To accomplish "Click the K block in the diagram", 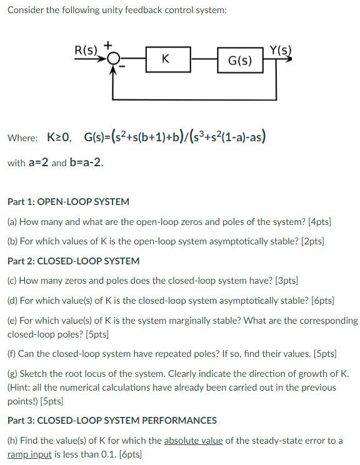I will [164, 59].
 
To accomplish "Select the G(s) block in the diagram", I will [240, 61].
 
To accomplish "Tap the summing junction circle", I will [112, 59].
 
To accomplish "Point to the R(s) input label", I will [86, 50].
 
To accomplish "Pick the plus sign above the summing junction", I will [107, 45].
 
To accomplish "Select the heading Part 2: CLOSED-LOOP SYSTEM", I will [74, 261].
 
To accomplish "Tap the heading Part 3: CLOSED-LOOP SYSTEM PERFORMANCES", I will [112, 420].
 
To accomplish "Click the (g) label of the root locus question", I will [12, 374].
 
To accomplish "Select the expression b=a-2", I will [86, 162].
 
